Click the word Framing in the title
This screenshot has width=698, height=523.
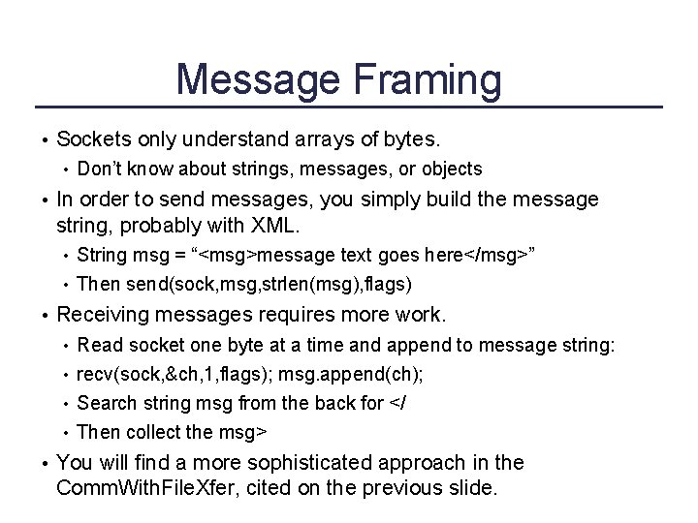tap(422, 80)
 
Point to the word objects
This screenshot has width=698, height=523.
tap(450, 169)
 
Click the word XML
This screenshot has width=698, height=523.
tap(275, 227)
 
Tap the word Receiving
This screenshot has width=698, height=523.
tap(102, 315)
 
